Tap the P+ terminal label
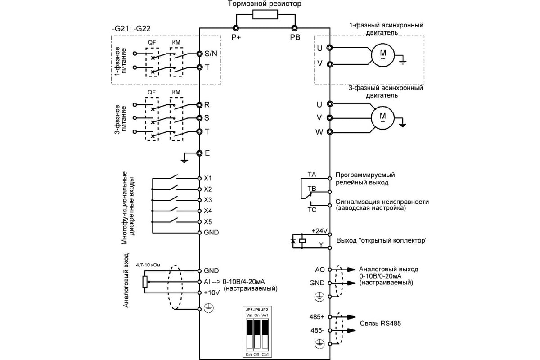pos(236,37)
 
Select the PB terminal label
pos(295,37)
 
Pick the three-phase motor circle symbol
pos(383,118)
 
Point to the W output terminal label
pos(319,132)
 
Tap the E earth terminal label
pos(207,153)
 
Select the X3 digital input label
pos(208,200)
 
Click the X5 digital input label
pos(208,222)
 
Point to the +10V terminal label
pos(211,292)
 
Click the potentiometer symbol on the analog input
pos(144,282)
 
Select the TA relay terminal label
pos(311,174)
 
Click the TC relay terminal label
pos(311,210)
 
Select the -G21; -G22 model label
pos(131,28)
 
